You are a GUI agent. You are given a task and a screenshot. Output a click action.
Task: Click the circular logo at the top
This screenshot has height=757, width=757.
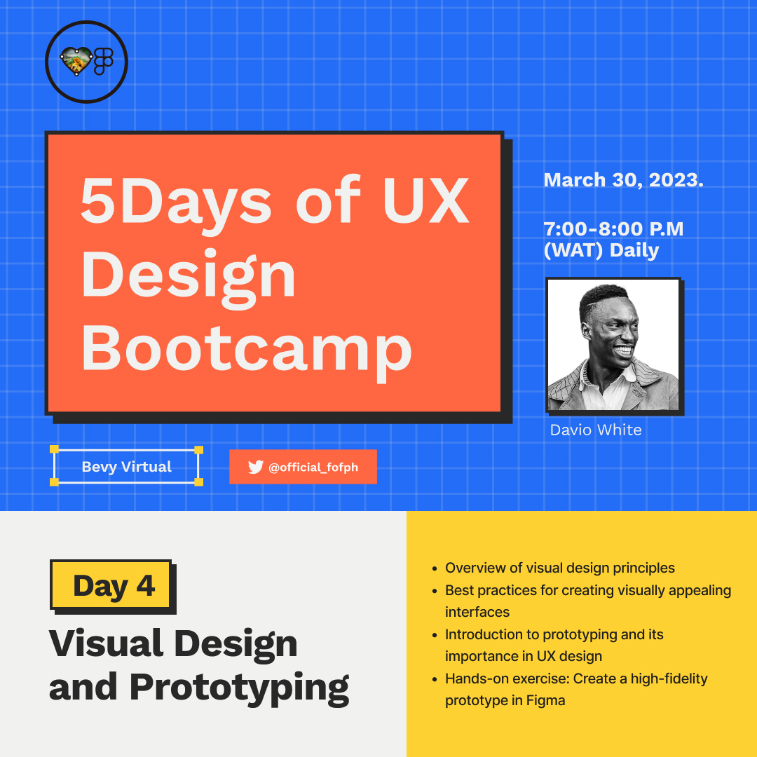[86, 62]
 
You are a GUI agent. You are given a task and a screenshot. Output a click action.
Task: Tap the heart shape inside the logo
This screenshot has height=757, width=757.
[74, 62]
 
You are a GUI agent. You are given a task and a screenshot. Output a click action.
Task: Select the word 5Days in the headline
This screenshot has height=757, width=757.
[176, 201]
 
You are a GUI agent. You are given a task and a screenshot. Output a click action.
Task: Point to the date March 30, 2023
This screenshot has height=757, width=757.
[623, 180]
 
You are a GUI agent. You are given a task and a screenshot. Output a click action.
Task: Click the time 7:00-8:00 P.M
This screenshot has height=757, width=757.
[613, 229]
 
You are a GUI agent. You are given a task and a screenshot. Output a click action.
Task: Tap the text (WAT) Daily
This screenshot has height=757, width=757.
[601, 250]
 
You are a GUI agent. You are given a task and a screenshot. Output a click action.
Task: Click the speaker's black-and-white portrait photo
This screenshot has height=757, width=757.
[613, 345]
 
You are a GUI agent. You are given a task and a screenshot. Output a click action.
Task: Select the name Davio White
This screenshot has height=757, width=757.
[596, 430]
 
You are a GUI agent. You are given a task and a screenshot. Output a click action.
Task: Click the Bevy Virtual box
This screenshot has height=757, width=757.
[127, 467]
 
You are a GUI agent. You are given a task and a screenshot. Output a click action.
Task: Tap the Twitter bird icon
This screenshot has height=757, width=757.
[255, 467]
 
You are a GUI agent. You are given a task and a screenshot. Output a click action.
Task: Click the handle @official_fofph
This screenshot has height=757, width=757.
[313, 468]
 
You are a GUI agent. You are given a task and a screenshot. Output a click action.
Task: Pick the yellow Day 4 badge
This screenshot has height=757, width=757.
[112, 585]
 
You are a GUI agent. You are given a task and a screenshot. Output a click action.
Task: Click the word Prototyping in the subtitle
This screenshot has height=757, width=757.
[239, 687]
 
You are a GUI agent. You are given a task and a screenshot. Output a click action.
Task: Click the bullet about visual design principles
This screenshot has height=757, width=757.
[559, 568]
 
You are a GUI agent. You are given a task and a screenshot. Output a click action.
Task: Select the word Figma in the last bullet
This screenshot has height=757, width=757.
[545, 700]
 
